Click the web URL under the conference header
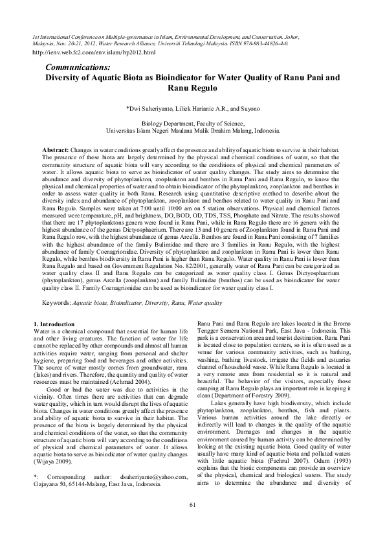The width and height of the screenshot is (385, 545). tap(94, 52)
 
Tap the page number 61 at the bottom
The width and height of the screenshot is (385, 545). tap(192, 523)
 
